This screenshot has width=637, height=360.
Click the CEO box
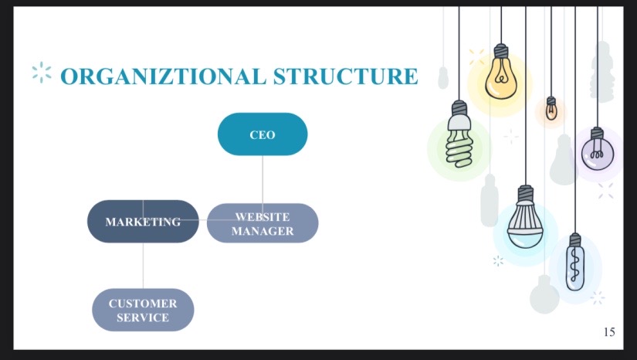(263, 134)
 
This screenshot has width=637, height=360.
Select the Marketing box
(143, 222)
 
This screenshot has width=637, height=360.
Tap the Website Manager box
(263, 223)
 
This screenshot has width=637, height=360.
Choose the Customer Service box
(143, 310)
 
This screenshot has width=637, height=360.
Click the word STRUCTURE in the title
(345, 76)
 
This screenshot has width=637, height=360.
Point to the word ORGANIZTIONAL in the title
(164, 76)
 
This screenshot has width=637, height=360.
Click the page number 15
(609, 332)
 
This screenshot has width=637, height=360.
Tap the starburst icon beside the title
(42, 73)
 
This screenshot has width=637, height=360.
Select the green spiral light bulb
(459, 134)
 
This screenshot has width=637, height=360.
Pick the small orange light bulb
(551, 108)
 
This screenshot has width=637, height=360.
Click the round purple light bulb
(597, 149)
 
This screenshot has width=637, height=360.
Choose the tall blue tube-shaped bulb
(575, 262)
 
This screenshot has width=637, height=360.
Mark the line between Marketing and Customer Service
(143, 266)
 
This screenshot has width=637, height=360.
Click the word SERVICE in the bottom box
(143, 318)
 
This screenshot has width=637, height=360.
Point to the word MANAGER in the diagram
(263, 231)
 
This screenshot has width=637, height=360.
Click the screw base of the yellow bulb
(501, 51)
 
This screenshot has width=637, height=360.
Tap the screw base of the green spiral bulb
(459, 107)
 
